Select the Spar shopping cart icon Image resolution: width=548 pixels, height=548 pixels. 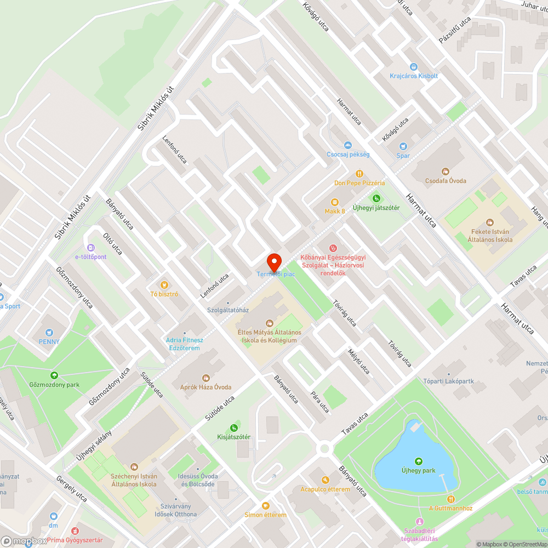(x=403, y=146)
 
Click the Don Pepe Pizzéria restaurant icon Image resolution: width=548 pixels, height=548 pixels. (x=359, y=173)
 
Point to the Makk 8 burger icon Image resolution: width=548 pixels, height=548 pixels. (x=334, y=202)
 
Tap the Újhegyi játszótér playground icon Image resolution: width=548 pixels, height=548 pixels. (x=376, y=198)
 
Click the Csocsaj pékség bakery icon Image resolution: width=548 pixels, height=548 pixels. (x=347, y=145)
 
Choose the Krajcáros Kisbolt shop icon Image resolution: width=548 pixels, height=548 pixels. (x=414, y=66)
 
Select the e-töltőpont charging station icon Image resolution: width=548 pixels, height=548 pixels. (x=90, y=247)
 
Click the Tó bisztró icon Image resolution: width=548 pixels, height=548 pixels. (x=164, y=284)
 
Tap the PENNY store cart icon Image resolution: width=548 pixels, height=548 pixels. (x=49, y=332)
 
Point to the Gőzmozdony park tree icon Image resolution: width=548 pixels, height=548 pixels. (x=54, y=375)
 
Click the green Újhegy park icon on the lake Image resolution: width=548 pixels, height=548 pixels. (x=419, y=461)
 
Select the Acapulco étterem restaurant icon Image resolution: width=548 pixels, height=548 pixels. (x=325, y=480)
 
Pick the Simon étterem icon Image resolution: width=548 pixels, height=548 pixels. (x=266, y=506)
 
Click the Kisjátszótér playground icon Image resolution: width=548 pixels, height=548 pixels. (x=233, y=427)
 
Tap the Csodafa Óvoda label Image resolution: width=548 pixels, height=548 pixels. (x=446, y=181)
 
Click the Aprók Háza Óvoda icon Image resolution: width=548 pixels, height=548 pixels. (x=206, y=378)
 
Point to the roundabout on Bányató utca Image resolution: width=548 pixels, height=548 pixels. (x=325, y=449)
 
